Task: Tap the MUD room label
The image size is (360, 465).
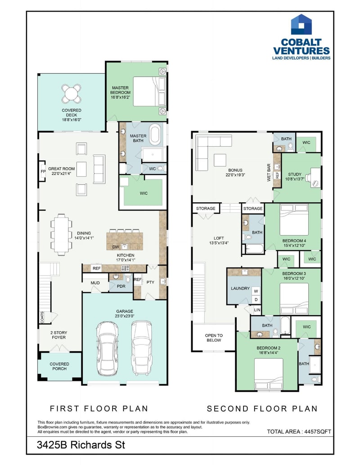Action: (95, 283)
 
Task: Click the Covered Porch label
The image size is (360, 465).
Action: (59, 366)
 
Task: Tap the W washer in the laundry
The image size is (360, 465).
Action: (255, 291)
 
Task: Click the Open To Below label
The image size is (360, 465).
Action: (214, 337)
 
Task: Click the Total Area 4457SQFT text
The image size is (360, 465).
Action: (299, 431)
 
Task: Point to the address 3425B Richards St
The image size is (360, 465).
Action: (81, 445)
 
